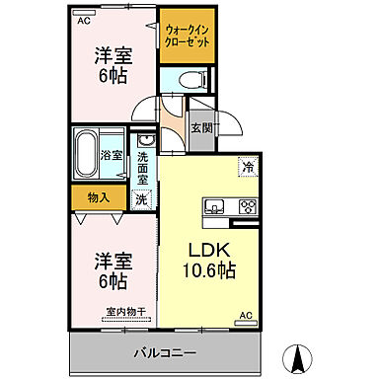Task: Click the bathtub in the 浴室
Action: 87,154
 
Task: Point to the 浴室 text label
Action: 112,155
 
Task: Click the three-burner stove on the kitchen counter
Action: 246,207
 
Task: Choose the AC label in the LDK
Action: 246,315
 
